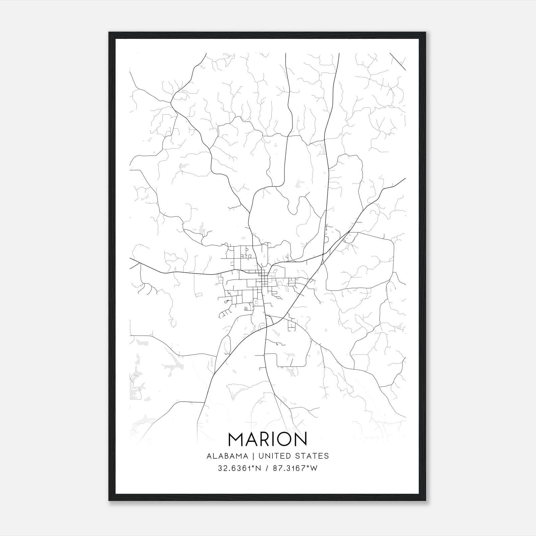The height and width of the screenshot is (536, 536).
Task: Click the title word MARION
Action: [267, 440]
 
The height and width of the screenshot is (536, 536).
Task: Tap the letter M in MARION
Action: [237, 440]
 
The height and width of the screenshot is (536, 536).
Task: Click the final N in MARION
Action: [300, 440]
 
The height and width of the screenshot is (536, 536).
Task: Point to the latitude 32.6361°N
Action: [239, 468]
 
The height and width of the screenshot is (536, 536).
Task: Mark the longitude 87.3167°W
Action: [295, 468]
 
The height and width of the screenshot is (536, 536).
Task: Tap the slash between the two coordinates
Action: [267, 468]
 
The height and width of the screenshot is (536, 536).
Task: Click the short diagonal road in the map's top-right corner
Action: [398, 61]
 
